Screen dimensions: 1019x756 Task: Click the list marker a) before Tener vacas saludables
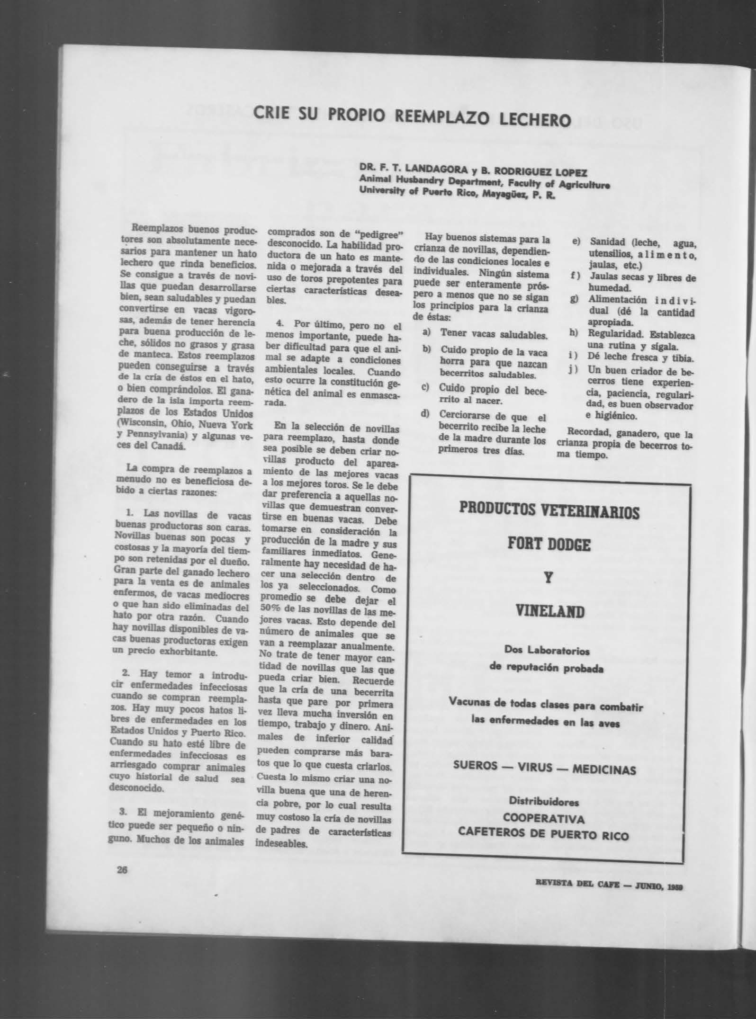coord(426,333)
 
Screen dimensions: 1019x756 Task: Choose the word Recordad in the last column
coord(582,433)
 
